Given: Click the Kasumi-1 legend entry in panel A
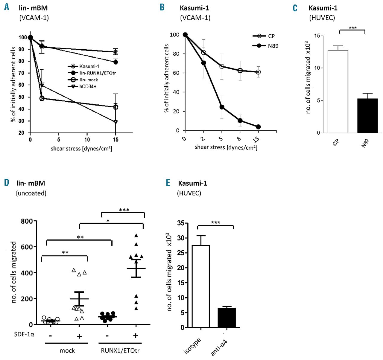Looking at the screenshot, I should tap(89, 66).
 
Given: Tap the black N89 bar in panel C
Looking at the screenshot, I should tap(367, 116).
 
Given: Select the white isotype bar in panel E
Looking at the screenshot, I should tap(200, 286).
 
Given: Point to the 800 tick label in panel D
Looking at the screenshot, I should tap(27, 221).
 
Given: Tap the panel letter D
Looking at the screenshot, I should tap(7, 183).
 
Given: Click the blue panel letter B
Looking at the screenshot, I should tap(162, 7).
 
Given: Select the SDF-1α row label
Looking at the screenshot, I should tap(24, 334).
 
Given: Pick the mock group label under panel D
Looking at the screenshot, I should tap(67, 350).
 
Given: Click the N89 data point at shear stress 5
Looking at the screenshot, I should tap(222, 107).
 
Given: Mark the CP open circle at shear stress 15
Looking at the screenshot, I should tap(258, 72).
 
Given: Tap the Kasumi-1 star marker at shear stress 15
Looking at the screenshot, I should tap(116, 52).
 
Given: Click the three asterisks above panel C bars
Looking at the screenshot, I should tap(352, 28).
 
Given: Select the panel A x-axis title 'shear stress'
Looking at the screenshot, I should tap(81, 148).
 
